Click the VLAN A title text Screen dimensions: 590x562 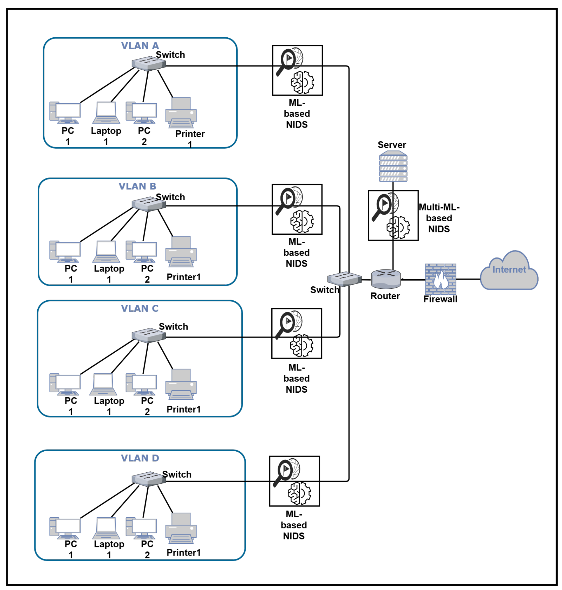pyautogui.click(x=140, y=46)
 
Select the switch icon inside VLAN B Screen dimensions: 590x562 pyautogui.click(x=149, y=204)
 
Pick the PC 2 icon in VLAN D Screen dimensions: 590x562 pyautogui.click(x=142, y=528)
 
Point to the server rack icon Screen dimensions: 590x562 pyautogui.click(x=393, y=167)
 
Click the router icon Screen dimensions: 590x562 pyautogui.click(x=386, y=279)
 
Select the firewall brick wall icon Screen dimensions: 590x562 pyautogui.click(x=440, y=279)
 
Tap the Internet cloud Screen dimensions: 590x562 pyautogui.click(x=509, y=271)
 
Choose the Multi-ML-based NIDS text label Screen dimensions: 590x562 pyautogui.click(x=439, y=218)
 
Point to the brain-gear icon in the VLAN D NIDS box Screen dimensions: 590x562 pyautogui.click(x=299, y=493)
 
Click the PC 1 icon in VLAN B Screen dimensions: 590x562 pyautogui.click(x=65, y=252)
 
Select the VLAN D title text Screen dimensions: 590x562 pyautogui.click(x=140, y=458)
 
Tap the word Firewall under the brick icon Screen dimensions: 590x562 pyautogui.click(x=440, y=299)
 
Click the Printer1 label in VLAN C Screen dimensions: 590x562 pyautogui.click(x=183, y=409)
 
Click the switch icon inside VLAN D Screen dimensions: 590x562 pyautogui.click(x=149, y=479)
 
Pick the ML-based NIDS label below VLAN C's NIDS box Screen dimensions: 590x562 pyautogui.click(x=296, y=378)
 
